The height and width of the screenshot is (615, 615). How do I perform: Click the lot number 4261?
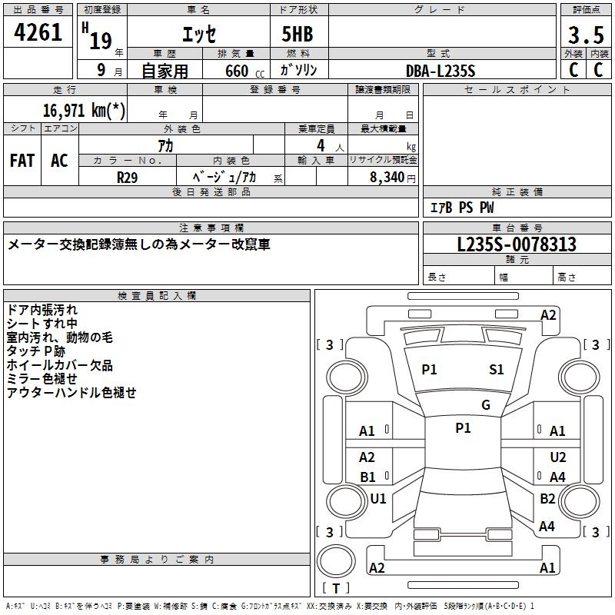click(x=38, y=32)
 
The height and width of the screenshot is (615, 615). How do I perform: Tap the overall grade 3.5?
click(x=586, y=35)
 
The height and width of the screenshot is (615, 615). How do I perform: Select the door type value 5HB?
click(x=298, y=34)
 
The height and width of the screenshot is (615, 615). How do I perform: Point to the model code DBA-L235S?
click(x=440, y=71)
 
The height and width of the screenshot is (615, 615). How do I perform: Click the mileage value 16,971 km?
click(x=84, y=110)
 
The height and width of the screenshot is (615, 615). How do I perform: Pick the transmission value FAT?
click(x=22, y=161)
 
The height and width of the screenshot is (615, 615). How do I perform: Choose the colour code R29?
click(x=127, y=178)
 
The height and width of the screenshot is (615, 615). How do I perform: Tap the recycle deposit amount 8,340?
click(x=387, y=178)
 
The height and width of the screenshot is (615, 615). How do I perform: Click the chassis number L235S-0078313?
click(x=517, y=244)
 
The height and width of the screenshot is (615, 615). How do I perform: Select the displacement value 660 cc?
click(x=244, y=71)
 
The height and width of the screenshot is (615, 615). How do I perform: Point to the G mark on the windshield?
click(x=486, y=404)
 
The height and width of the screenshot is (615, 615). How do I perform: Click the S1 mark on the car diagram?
click(x=496, y=370)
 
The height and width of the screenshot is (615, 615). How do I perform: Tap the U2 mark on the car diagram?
click(x=558, y=457)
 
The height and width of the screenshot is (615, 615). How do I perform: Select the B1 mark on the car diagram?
click(x=367, y=477)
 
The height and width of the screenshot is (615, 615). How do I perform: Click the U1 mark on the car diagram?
click(x=378, y=498)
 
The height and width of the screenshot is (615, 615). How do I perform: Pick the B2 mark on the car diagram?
click(x=547, y=498)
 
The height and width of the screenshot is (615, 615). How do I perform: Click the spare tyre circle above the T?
click(x=336, y=561)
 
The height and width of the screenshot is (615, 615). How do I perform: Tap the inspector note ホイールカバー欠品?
click(x=60, y=365)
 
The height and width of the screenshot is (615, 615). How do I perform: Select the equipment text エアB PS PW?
click(x=462, y=208)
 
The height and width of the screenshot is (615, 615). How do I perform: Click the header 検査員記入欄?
click(x=157, y=296)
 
